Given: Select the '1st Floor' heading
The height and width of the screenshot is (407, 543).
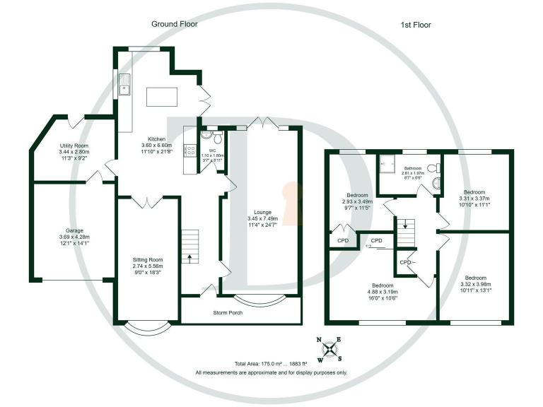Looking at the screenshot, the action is [x=416, y=25].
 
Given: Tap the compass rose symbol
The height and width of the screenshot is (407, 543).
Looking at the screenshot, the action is [x=329, y=348].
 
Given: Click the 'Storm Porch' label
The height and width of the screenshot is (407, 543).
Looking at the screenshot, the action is [x=228, y=312].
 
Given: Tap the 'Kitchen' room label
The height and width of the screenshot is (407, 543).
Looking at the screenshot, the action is [x=157, y=138].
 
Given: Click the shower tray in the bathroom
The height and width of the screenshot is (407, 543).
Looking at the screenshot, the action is [x=390, y=167].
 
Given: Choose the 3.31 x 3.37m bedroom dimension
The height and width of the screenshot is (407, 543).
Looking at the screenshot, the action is [x=474, y=199].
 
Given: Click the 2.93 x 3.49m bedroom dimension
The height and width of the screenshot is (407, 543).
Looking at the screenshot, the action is [x=356, y=202].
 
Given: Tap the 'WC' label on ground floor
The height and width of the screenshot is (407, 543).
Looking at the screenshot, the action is [x=211, y=151].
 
